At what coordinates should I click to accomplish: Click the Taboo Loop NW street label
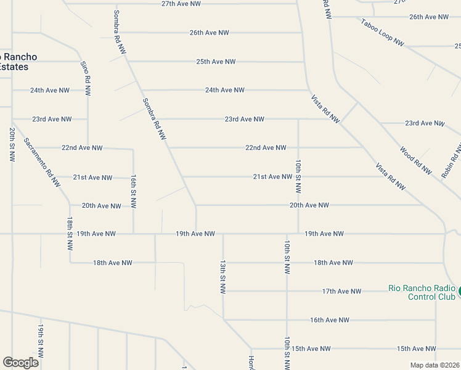382,32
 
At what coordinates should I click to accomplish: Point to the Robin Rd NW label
451,161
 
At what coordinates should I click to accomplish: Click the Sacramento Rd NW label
42,162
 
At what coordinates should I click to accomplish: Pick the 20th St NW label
12,145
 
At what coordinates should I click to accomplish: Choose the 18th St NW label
70,233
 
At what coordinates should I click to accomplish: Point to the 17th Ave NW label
341,291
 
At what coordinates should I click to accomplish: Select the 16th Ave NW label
330,320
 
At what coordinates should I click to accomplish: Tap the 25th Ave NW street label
216,62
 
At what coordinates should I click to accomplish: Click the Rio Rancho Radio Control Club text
422,292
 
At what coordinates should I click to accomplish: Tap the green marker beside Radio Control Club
458,290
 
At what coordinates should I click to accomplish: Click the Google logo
20,363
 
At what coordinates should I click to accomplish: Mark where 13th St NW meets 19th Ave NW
223,234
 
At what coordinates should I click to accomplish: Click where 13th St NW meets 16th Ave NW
224,319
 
